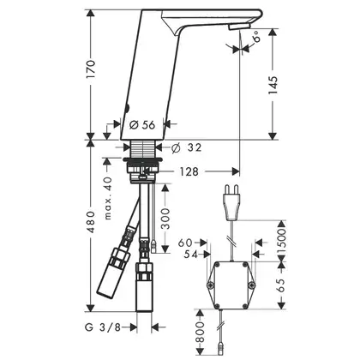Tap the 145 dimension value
point(273,85)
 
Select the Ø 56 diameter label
point(142,125)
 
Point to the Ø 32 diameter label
point(186,147)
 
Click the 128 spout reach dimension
point(189,171)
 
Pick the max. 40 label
point(108,198)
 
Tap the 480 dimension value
point(91,222)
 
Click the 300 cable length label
point(165,219)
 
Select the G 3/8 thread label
point(103,327)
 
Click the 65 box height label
point(281,285)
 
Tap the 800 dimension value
point(200,332)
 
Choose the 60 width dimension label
point(185,243)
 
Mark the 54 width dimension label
point(191,254)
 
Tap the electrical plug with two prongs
point(231,202)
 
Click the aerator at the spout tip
point(239,27)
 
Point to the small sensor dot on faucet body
point(128,108)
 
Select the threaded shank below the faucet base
point(142,148)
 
